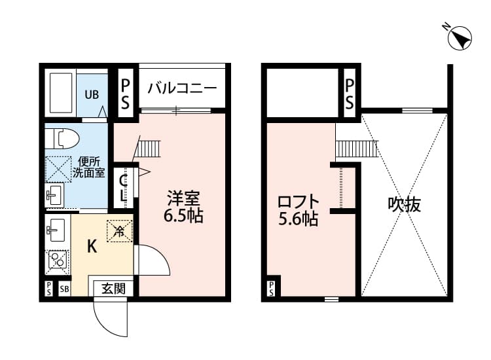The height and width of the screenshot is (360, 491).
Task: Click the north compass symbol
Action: point(460,37)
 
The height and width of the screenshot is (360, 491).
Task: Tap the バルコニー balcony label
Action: point(181,88)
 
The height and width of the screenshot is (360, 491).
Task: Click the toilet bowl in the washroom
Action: point(62,139)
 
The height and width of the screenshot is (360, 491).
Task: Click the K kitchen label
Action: point(92,246)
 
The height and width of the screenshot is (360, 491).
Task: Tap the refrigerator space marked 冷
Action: point(120,230)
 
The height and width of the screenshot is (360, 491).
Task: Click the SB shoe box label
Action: point(64,289)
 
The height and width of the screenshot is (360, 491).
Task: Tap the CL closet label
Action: point(124,187)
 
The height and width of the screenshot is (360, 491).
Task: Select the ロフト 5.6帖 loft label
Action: point(299,209)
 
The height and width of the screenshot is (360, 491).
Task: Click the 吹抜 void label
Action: point(404,204)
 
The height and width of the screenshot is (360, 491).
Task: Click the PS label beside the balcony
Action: point(124,94)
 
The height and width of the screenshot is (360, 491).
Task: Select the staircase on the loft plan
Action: point(356,149)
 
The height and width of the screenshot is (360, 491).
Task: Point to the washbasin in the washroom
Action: point(54,194)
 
